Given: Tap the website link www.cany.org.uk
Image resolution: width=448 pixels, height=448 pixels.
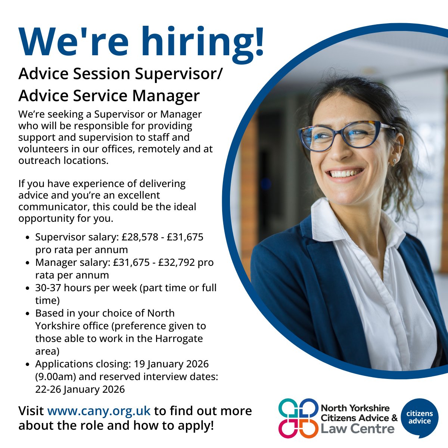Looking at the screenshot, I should tap(99, 411).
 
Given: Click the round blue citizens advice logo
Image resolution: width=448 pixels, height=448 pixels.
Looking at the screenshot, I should tap(420, 417).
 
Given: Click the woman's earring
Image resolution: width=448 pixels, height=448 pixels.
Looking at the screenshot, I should tap(394, 162).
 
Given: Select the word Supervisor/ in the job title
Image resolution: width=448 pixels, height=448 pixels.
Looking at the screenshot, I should tap(179, 74).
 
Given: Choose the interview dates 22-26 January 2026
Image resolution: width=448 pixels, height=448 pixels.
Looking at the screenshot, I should tap(80, 389).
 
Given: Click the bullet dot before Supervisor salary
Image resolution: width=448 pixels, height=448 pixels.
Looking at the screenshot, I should tap(28, 237).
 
